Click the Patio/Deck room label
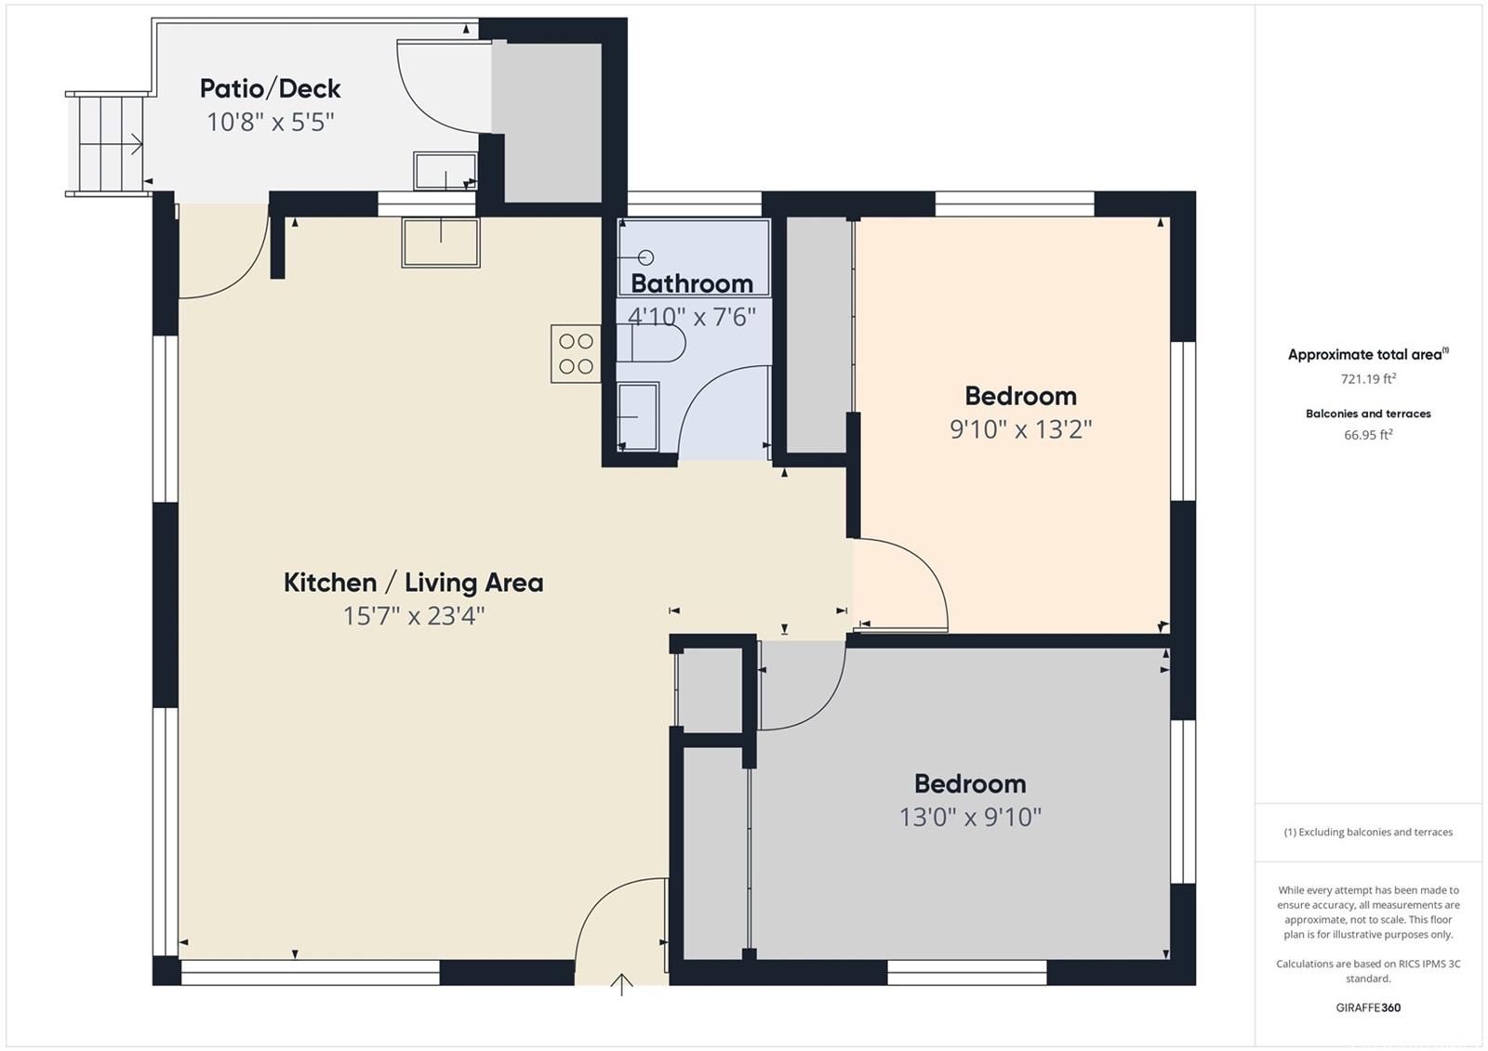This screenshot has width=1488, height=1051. pos(271,89)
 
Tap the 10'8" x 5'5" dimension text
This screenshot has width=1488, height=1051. pos(271,122)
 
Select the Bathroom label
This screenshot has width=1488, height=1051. pos(692,283)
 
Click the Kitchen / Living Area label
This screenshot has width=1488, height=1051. pos(413,583)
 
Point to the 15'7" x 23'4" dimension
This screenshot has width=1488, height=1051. pos(413,616)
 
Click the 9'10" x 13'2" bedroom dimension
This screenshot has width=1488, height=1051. pos(1020,429)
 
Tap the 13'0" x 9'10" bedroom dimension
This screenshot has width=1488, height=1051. pos(970,817)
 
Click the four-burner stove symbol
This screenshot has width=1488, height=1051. pos(576,353)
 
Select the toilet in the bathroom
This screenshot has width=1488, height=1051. pos(651,343)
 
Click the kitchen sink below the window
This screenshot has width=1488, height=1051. pos(441,243)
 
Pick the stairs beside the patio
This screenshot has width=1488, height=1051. pos(107,144)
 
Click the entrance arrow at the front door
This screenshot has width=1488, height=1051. pos(621,984)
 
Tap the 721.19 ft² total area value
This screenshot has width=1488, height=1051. pos(1368,378)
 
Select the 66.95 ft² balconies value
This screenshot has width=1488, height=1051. pos(1368,435)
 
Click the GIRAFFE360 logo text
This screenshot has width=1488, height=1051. pos(1368,1007)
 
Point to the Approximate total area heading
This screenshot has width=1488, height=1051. pos(1368,355)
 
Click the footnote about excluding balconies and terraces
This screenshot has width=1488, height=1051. pos(1368,832)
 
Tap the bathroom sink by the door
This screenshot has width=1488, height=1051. pos(638,417)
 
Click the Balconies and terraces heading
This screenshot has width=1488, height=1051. pos(1368,414)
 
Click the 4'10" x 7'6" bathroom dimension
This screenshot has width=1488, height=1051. pos(692,318)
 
